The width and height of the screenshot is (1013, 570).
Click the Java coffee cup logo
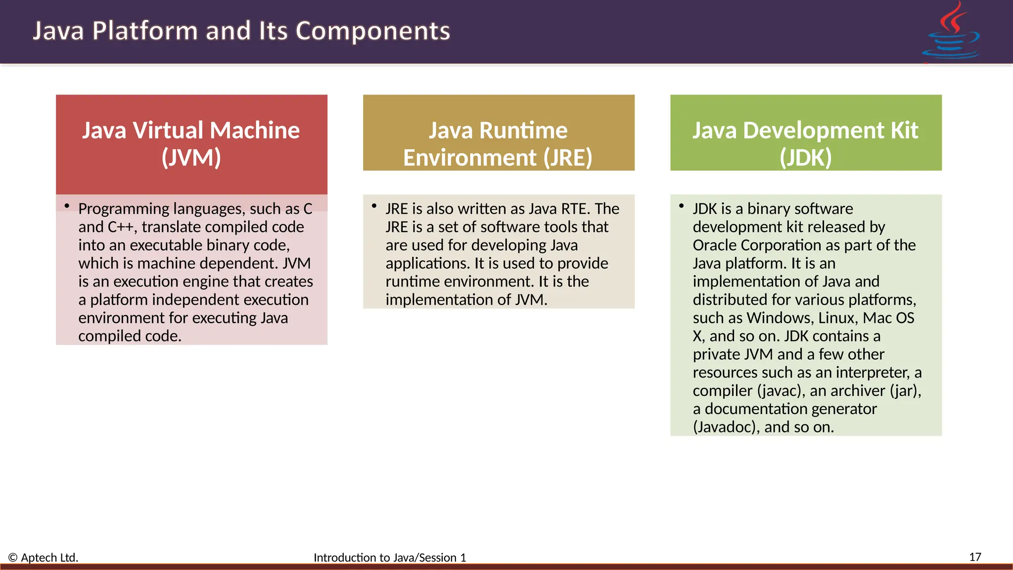coord(951,33)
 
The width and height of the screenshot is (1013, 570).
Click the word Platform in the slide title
coord(145,31)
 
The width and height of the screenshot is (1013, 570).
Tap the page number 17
coord(975,557)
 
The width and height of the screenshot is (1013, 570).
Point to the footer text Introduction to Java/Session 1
coord(390,558)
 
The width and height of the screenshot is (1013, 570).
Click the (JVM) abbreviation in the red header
coord(191,157)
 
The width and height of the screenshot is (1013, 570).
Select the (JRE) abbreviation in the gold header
coord(567,158)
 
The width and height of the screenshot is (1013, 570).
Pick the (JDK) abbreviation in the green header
coord(805,158)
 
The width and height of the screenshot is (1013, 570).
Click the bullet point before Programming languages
coord(67,206)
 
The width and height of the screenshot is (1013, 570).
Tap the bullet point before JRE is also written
coord(374,206)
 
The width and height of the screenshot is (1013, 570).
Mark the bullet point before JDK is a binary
coord(682,206)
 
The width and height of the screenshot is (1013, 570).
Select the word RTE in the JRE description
coord(575,209)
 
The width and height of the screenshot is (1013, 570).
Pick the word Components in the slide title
coord(372,31)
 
